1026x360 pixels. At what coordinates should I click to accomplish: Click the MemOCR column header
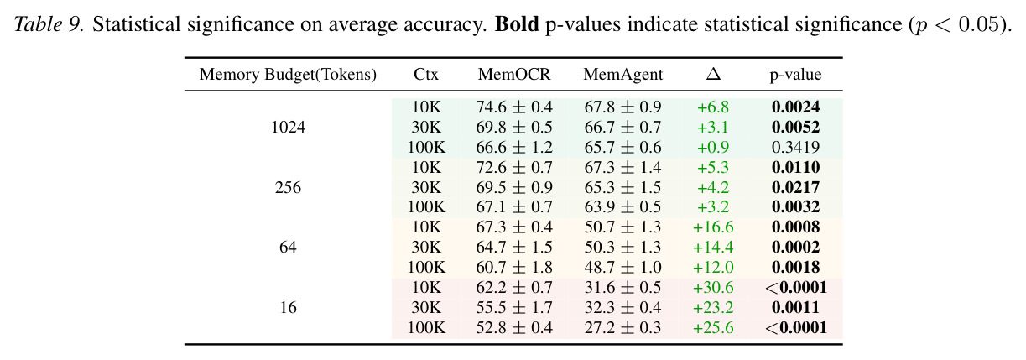click(x=514, y=74)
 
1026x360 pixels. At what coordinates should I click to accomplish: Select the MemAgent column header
click(x=623, y=74)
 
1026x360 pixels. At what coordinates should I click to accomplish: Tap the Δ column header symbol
click(x=713, y=74)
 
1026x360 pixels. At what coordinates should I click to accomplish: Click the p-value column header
click(x=795, y=75)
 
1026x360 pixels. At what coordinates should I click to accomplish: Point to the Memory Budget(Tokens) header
click(x=288, y=74)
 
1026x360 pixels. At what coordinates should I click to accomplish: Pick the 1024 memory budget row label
click(x=288, y=127)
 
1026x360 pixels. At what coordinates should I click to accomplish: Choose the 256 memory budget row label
click(x=288, y=187)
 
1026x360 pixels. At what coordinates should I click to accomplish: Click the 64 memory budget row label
click(x=288, y=248)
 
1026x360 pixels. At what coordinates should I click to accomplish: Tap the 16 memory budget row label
click(x=288, y=307)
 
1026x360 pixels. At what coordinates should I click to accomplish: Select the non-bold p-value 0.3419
click(x=795, y=147)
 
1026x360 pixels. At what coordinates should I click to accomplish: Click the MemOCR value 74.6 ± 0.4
click(x=514, y=107)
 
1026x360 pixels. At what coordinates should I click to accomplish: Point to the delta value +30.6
click(x=713, y=288)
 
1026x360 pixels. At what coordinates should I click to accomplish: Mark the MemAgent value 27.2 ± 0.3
click(x=623, y=328)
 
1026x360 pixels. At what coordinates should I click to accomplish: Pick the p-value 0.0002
click(x=795, y=248)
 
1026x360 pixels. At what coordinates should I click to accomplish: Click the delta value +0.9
click(x=713, y=147)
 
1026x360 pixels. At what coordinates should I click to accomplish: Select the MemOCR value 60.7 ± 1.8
click(x=514, y=268)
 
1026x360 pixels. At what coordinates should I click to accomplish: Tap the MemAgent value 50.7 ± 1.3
click(x=623, y=227)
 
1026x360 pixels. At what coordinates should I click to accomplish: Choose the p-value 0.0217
click(x=795, y=187)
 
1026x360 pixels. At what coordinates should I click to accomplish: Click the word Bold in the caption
click(x=517, y=23)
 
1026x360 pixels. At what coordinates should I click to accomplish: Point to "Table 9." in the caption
click(x=49, y=23)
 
